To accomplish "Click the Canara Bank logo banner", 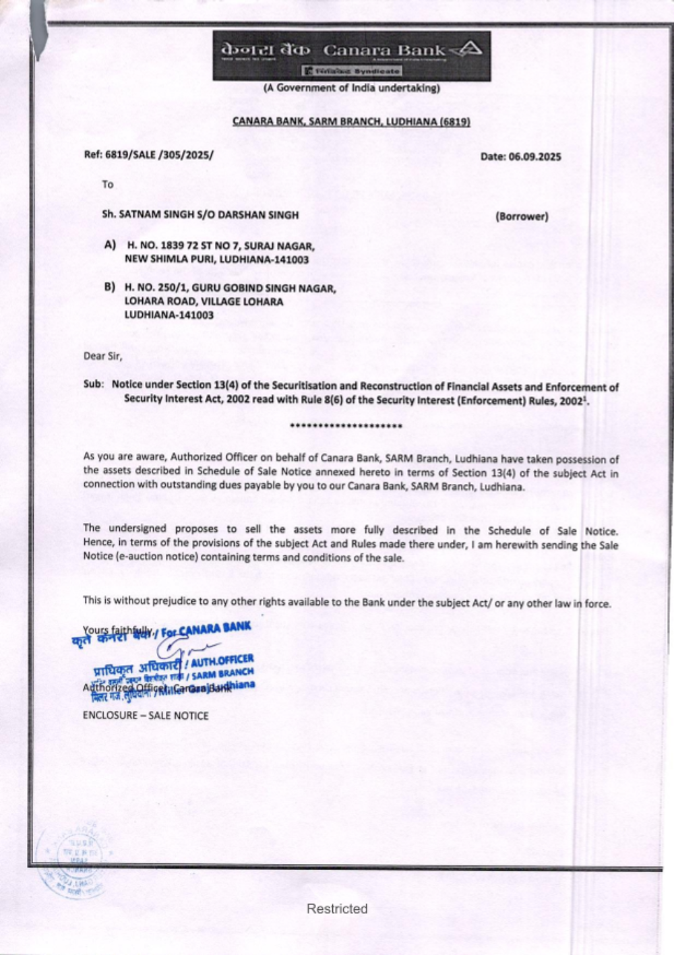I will [x=351, y=56].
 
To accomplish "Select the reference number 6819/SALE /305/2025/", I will [x=149, y=154].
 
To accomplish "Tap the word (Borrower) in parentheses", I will [x=522, y=216].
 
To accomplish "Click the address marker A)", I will [x=110, y=245].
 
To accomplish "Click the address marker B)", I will [x=109, y=287].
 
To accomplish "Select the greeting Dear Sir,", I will [x=103, y=356].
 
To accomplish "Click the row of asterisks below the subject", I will [x=345, y=426].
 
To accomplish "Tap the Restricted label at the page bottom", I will [x=337, y=908].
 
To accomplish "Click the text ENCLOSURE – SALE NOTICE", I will [x=146, y=716].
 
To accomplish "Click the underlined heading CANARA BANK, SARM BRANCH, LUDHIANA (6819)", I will [x=351, y=121].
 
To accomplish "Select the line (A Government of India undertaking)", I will [x=351, y=88].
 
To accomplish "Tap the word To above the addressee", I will [x=108, y=184].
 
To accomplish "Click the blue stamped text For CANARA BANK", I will [x=206, y=629].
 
